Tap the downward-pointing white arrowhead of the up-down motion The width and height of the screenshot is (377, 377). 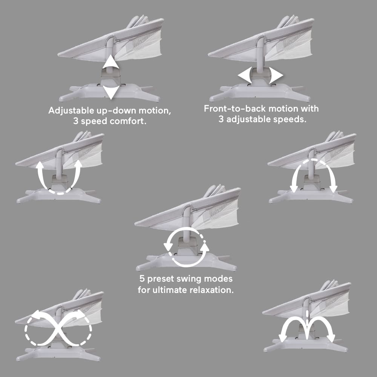pos(110,92)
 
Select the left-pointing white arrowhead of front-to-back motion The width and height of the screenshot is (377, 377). pos(245,75)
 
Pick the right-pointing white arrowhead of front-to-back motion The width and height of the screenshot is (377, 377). pos(276,75)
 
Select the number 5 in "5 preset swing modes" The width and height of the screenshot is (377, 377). pos(142,279)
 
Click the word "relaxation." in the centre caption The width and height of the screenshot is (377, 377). pos(211,290)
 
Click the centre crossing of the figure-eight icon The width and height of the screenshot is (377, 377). pos(58,328)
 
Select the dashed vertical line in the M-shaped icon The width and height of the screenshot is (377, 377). pos(307,317)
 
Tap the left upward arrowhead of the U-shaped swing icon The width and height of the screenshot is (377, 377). pos(40,166)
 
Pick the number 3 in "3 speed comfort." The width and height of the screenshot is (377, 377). pos(76,121)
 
